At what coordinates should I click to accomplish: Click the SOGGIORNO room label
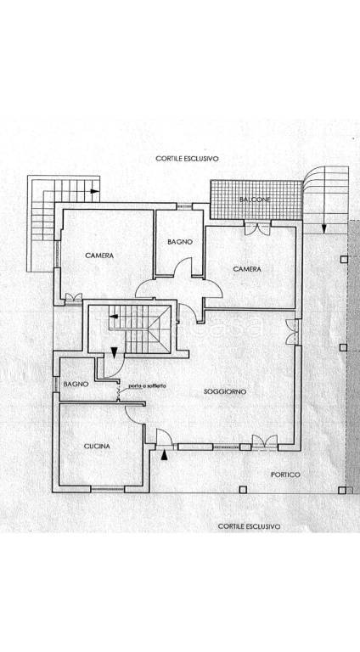[225, 391]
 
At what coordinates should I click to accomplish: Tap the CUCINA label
[98, 447]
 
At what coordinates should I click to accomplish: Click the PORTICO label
[285, 475]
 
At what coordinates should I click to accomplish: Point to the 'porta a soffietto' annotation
[147, 386]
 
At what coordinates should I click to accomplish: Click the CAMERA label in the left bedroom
[99, 256]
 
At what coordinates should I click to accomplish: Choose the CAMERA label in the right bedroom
[247, 269]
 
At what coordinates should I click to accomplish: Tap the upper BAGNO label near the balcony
[180, 242]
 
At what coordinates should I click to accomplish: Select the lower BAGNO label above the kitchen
[76, 385]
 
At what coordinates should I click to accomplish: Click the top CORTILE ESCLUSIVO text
[187, 159]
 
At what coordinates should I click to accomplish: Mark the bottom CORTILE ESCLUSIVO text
[249, 526]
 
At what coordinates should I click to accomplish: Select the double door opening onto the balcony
[258, 228]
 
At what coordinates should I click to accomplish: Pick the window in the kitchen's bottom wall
[108, 489]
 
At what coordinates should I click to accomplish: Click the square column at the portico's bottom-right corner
[341, 490]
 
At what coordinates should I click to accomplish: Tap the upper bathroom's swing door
[183, 266]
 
